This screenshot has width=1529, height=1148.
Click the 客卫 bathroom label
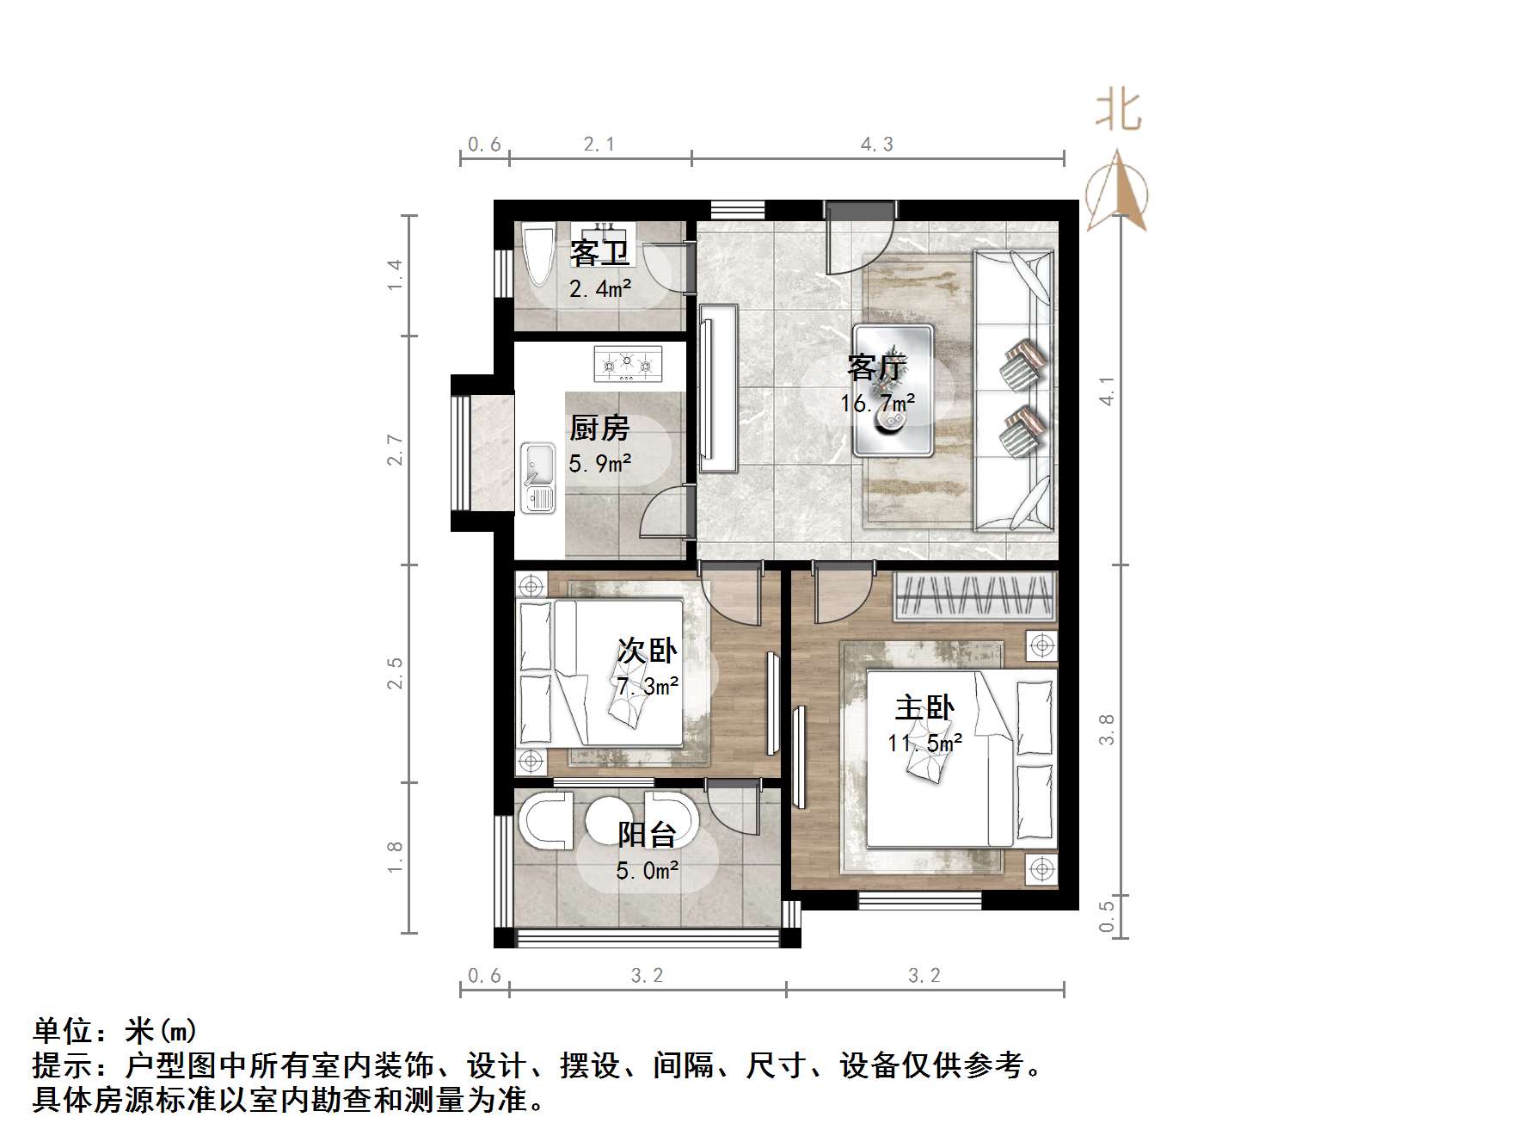tap(599, 253)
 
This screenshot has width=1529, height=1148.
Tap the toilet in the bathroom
tap(539, 255)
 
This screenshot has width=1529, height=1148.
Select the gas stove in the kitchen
tap(627, 364)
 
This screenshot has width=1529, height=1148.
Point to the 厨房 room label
tap(599, 429)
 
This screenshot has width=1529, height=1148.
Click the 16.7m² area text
tap(877, 403)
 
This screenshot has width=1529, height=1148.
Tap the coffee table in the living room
tap(893, 390)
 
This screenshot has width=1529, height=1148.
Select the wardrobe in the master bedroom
tap(974, 596)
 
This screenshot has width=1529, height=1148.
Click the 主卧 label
tap(924, 708)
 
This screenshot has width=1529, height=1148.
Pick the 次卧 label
tap(647, 651)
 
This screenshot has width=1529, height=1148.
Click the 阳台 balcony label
tap(647, 834)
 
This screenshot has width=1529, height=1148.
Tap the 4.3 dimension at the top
tap(877, 145)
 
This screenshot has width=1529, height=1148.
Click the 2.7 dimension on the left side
tap(395, 450)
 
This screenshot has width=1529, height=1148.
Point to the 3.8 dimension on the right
tap(1108, 729)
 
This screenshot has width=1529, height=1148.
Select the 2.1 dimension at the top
tap(599, 145)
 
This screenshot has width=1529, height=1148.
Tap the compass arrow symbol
tap(1117, 194)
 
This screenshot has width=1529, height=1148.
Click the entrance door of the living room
tap(858, 239)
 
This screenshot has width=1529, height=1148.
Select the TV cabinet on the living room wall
tap(719, 389)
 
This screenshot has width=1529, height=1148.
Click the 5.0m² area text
tap(647, 871)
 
